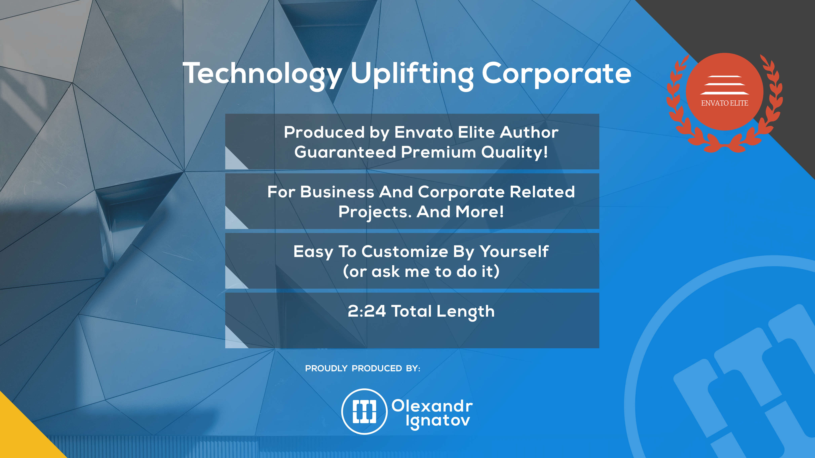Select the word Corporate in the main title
click(556, 73)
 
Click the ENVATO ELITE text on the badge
click(724, 103)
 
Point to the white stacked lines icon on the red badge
click(724, 85)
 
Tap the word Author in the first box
click(529, 132)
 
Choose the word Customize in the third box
click(405, 252)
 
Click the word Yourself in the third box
click(514, 252)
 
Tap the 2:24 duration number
click(367, 311)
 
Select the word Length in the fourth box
click(466, 312)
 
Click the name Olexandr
click(432, 406)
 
